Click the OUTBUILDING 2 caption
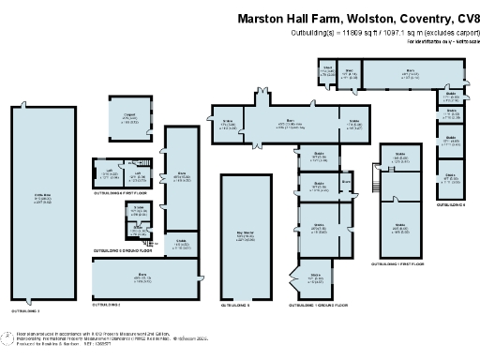coord(108,305)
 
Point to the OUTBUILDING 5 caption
coord(237,305)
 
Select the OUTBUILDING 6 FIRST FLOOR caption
coord(402,265)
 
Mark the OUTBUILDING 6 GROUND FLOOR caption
coord(323,306)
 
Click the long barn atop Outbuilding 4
coord(411,74)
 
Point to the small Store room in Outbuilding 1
coord(138,210)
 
